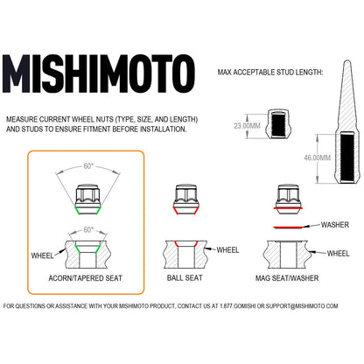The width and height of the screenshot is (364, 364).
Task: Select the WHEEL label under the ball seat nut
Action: click(229, 249)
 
